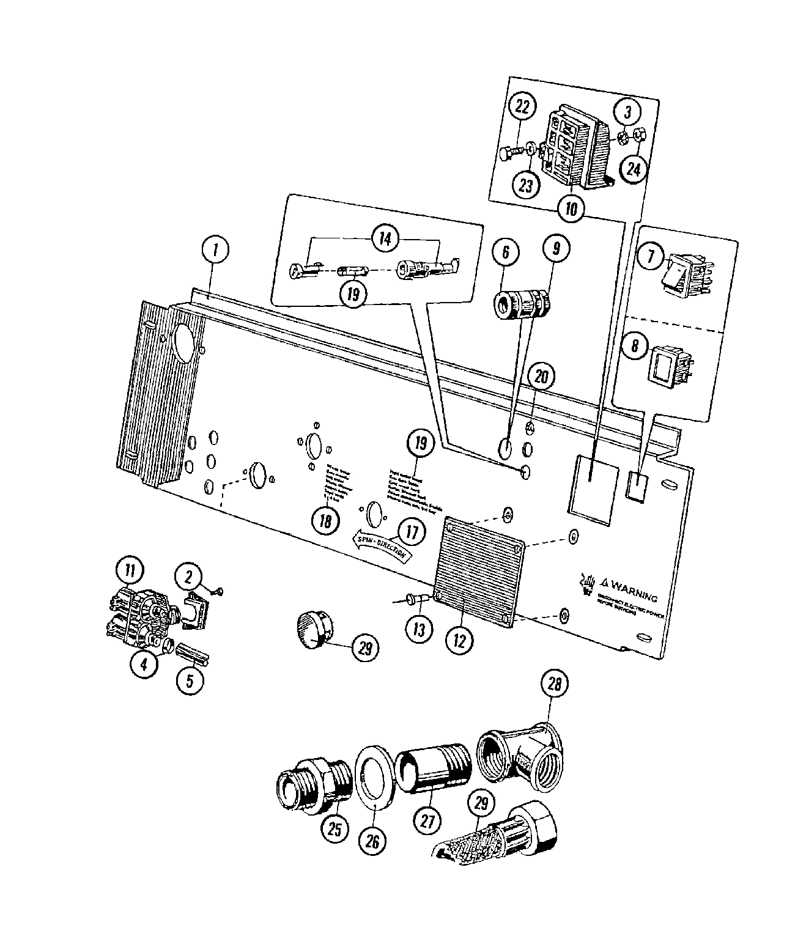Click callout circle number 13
tap(418, 628)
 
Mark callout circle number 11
tap(130, 571)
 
